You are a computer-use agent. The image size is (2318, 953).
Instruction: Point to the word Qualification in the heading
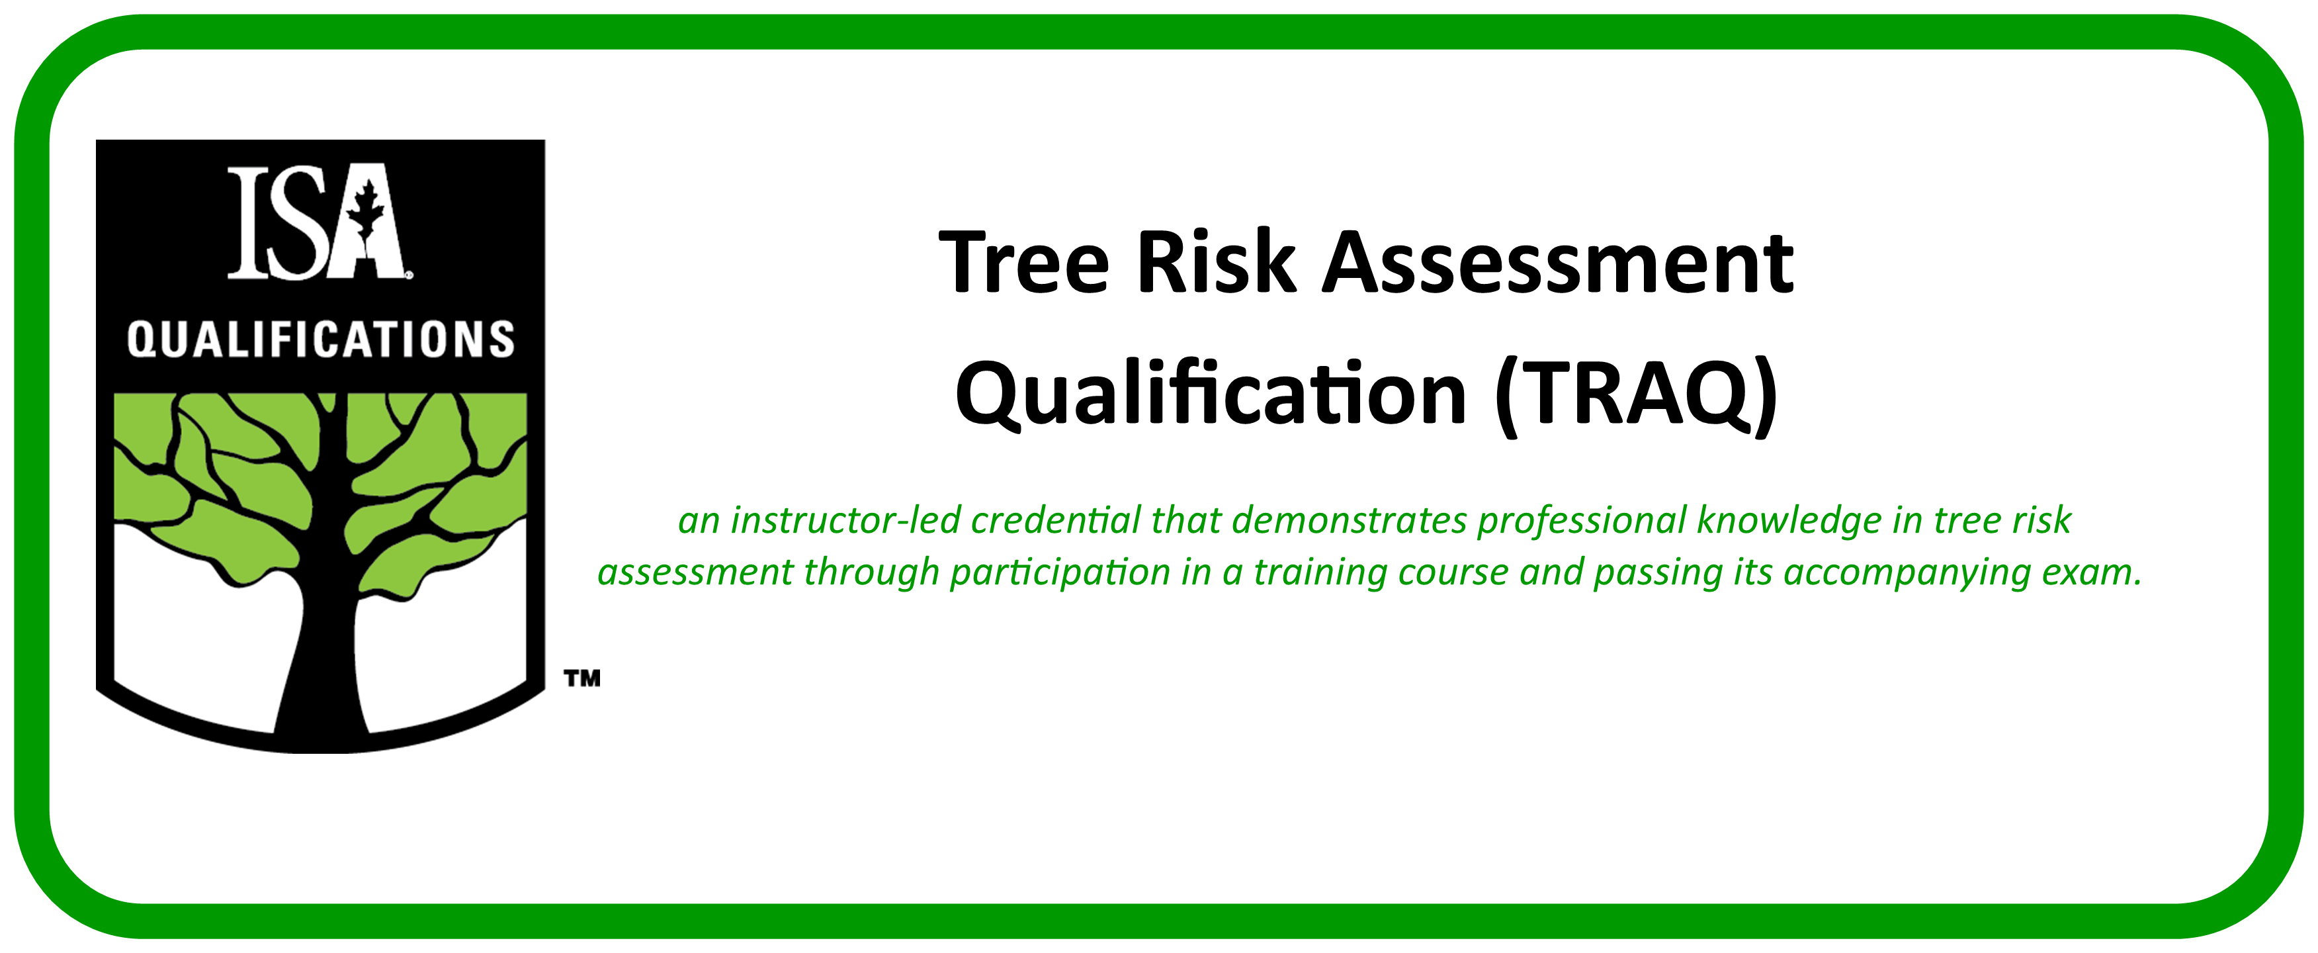[x=1211, y=393]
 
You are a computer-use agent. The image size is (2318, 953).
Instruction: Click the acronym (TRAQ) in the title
[x=1635, y=396]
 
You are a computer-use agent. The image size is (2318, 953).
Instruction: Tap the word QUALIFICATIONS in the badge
[x=320, y=340]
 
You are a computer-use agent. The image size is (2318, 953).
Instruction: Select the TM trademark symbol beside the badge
[x=582, y=678]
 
